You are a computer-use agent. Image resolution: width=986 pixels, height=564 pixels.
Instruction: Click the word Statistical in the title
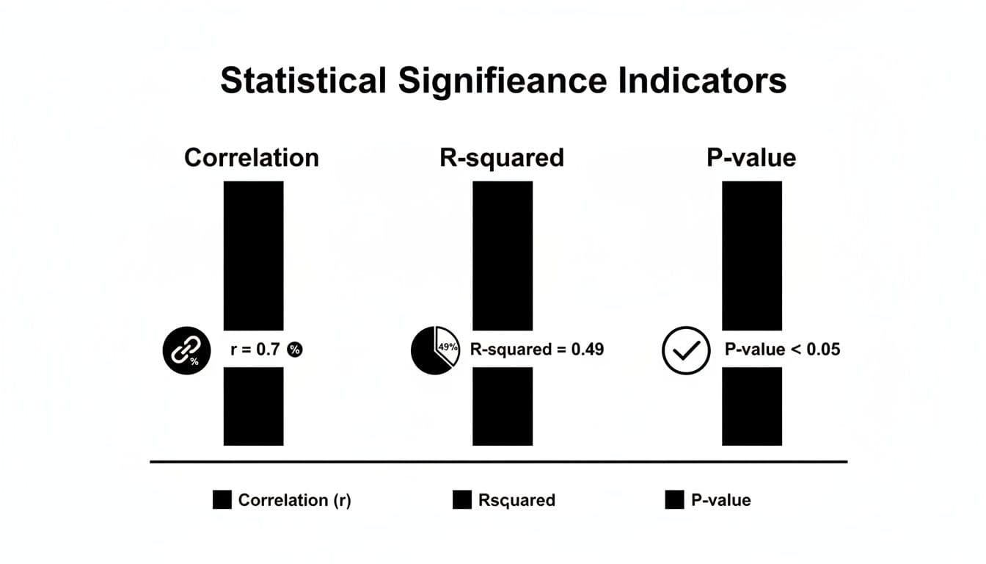click(x=303, y=81)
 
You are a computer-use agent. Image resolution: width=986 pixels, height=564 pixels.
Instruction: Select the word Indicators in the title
click(x=703, y=81)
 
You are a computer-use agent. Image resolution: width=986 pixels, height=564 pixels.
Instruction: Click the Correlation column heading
click(x=252, y=157)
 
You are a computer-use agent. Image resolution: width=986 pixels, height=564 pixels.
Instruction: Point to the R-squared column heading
click(x=502, y=157)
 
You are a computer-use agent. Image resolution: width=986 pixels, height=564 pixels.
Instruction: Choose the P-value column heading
click(x=751, y=157)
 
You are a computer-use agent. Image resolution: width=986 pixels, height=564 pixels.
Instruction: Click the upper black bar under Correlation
click(x=253, y=255)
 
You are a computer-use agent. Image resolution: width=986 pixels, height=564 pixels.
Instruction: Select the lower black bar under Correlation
click(x=253, y=406)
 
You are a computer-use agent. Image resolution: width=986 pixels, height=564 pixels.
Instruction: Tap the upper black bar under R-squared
click(x=503, y=255)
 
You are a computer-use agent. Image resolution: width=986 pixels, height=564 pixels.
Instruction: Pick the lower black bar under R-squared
click(x=503, y=406)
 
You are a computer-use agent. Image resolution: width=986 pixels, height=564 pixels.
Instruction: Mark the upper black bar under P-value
click(x=752, y=255)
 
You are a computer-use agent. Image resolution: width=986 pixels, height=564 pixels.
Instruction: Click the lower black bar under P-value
click(x=752, y=406)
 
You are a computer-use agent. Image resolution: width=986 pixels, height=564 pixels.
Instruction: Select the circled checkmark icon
click(x=685, y=350)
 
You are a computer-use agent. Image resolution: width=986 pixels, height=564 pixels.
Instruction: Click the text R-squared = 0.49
click(x=536, y=350)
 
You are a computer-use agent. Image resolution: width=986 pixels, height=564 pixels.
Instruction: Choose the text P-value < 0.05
click(x=782, y=350)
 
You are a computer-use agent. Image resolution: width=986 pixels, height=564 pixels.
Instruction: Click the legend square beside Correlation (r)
click(x=222, y=500)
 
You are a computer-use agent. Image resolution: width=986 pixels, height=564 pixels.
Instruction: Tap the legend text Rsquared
click(x=516, y=501)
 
